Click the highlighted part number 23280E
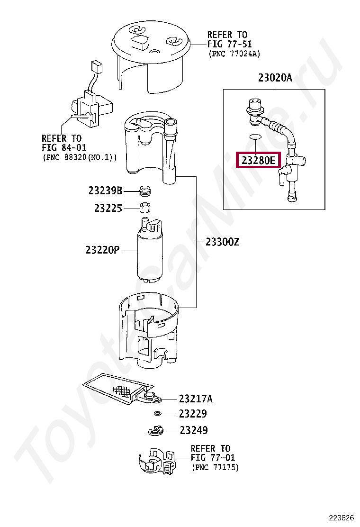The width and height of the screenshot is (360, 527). click(x=258, y=160)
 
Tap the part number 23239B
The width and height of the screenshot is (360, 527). click(x=105, y=191)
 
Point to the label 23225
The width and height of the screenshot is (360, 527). click(x=108, y=209)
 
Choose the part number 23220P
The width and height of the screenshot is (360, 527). click(x=103, y=250)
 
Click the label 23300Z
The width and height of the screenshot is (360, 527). click(x=222, y=242)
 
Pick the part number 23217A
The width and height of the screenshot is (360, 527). click(x=196, y=399)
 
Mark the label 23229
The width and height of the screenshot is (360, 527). click(x=193, y=414)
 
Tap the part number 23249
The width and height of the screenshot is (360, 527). click(x=193, y=430)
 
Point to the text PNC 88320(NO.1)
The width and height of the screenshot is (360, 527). click(x=80, y=157)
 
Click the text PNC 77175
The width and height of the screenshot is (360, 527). click(x=215, y=467)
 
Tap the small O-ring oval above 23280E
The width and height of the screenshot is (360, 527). click(x=255, y=137)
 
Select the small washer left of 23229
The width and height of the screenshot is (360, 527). click(x=158, y=414)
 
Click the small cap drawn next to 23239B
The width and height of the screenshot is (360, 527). click(x=145, y=191)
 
